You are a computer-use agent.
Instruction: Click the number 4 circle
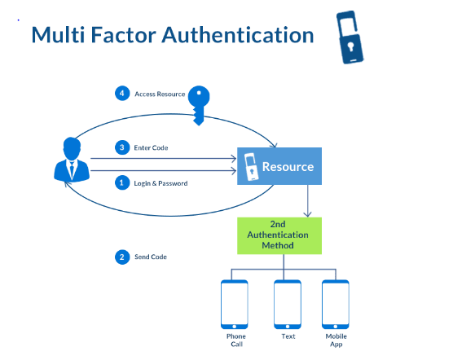[x=121, y=93]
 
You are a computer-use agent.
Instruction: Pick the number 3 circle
[x=121, y=147]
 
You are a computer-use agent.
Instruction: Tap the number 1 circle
[x=121, y=183]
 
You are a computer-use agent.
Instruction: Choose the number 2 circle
[x=121, y=257]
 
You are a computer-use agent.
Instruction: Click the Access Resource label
[x=160, y=94]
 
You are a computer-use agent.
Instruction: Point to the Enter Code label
[x=151, y=147]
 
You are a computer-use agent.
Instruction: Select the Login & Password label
[x=161, y=183]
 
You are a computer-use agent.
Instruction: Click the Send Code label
[x=151, y=257]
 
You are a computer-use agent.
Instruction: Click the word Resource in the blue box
[x=288, y=167]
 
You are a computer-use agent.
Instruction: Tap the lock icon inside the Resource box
[x=250, y=167]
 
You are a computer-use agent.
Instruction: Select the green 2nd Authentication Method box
[x=279, y=235]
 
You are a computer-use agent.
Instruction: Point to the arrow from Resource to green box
[x=306, y=200]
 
